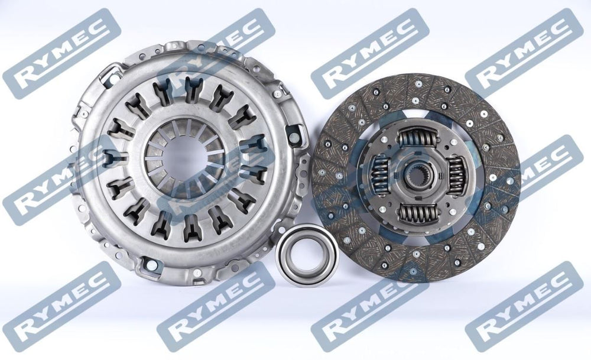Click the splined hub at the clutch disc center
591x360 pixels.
(x=417, y=176)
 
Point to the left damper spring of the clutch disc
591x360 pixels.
(x=380, y=175)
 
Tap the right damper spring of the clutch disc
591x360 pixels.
(x=455, y=176)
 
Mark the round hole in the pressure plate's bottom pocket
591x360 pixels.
(x=151, y=265)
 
